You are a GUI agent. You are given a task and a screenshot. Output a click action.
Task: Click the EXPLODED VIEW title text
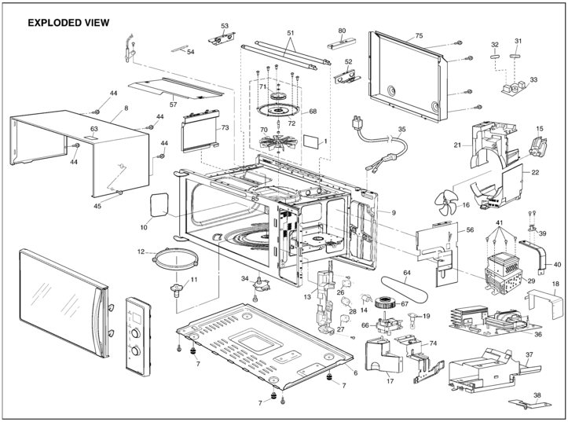coord(68,24)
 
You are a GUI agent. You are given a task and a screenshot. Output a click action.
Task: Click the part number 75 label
coord(419,36)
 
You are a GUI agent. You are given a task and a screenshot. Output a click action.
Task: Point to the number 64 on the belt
coord(407,274)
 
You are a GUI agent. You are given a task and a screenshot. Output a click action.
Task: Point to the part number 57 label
coord(174,103)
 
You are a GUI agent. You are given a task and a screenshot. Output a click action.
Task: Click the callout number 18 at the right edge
coord(555,283)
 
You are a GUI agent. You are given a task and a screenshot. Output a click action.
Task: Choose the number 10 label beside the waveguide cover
coord(144,227)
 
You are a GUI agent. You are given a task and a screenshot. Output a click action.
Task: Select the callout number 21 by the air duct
coord(457,145)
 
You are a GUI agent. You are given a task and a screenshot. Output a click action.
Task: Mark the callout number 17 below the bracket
coord(390,382)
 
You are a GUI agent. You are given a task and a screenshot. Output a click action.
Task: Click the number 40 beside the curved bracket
coord(557,264)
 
